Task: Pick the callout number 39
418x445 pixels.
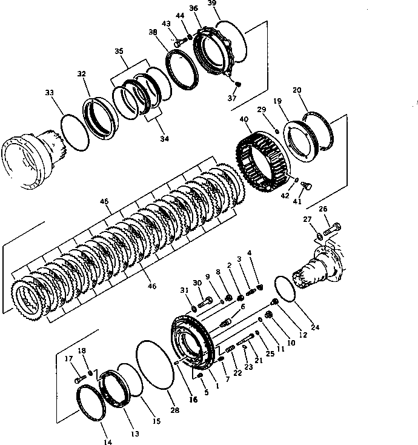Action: [212, 4]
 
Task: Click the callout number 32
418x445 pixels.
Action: [82, 74]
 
